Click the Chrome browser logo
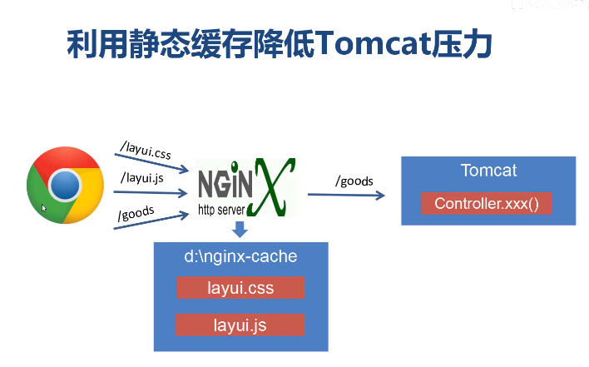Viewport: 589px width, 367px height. (x=65, y=185)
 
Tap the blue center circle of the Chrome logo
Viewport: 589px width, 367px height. (x=65, y=185)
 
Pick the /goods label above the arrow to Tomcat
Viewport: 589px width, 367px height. (x=354, y=181)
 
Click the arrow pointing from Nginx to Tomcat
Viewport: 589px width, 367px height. (x=346, y=195)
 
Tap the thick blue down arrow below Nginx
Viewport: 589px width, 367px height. (x=240, y=230)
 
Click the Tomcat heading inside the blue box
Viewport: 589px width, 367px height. (x=488, y=171)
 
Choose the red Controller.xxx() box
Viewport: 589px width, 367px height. (x=487, y=204)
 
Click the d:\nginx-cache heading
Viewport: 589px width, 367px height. (x=240, y=256)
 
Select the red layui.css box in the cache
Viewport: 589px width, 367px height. (x=240, y=288)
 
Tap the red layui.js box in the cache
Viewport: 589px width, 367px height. (x=240, y=325)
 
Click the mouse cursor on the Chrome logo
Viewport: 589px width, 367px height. (x=44, y=208)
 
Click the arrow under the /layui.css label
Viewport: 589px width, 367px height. (x=154, y=162)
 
